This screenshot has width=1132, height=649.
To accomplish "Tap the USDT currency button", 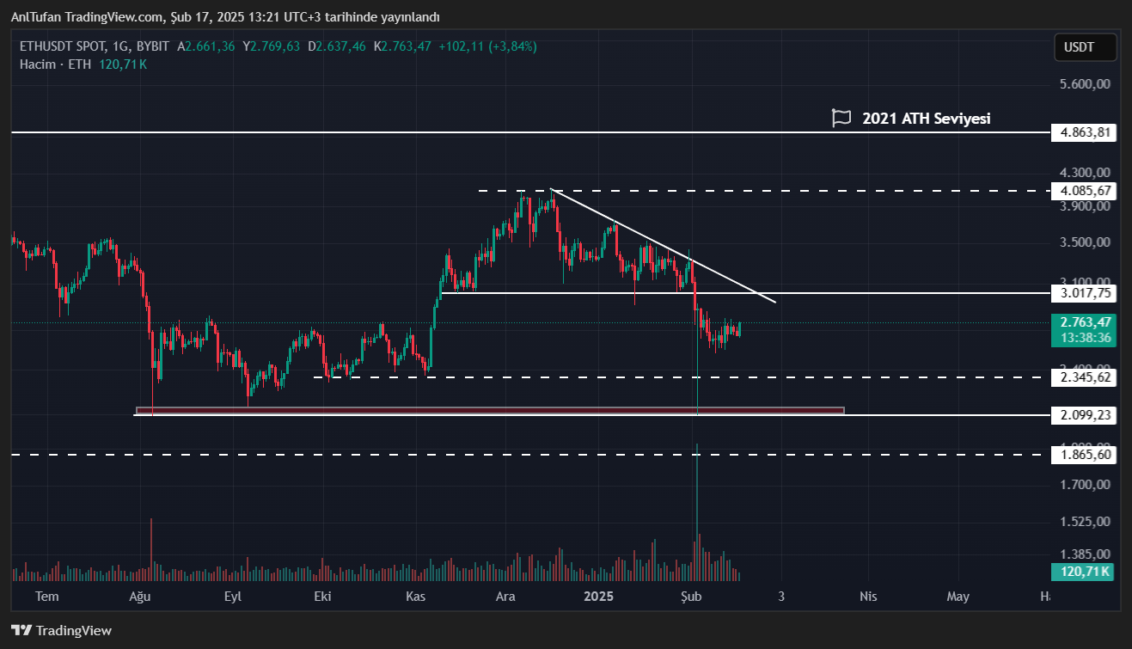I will click(x=1086, y=47).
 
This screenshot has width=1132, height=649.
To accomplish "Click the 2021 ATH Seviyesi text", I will click(x=926, y=119).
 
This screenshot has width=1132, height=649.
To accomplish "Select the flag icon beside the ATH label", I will click(x=841, y=119).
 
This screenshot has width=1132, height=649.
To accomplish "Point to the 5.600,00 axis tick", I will click(x=1086, y=84).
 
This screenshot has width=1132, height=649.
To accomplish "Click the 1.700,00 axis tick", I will click(x=1086, y=485).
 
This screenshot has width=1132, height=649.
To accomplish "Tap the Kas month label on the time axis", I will click(x=416, y=596).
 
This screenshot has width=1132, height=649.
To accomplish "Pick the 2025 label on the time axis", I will click(x=598, y=596).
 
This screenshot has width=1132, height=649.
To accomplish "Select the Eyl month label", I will click(x=232, y=596).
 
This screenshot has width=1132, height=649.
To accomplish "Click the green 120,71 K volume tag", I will click(x=1081, y=572).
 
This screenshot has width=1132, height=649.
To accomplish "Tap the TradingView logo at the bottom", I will click(x=61, y=630).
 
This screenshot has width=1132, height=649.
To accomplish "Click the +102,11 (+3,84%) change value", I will click(x=487, y=46).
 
